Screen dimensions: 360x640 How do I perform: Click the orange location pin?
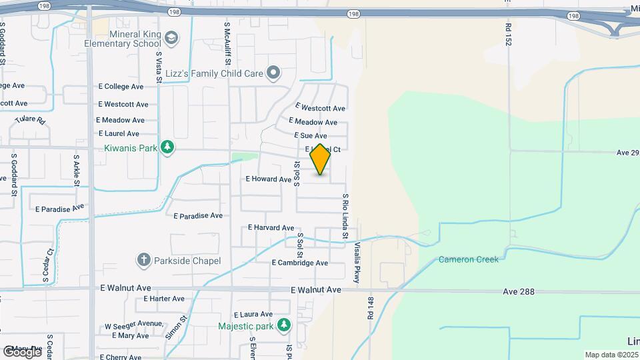click(320, 159)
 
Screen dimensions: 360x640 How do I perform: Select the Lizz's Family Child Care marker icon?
click(273, 73)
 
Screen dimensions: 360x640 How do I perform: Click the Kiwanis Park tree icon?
click(168, 147)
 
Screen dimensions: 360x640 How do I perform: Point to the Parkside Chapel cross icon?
click(143, 261)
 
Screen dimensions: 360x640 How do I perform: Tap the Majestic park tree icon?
click(285, 325)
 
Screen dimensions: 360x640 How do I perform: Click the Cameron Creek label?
click(468, 259)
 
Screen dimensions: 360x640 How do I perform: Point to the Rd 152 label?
click(508, 33)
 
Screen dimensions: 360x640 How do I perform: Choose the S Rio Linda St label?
click(345, 216)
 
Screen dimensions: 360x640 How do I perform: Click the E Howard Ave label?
click(269, 179)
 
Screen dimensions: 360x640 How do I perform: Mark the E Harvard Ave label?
click(271, 227)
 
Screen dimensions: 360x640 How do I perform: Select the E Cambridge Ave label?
click(299, 263)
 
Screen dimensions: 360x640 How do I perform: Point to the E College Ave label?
click(121, 87)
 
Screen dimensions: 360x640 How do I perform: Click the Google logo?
click(22, 351)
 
